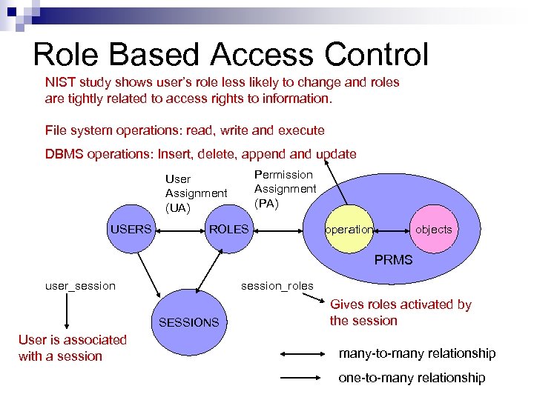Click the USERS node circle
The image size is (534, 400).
click(131, 229)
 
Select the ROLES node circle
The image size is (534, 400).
click(228, 229)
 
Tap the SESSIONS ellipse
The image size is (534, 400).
click(188, 322)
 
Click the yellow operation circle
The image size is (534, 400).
click(349, 230)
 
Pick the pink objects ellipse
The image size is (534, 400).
click(433, 230)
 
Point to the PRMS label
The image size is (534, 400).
click(393, 260)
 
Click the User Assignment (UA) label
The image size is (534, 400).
click(196, 193)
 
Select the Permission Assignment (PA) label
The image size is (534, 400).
click(285, 188)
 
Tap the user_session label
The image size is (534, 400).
click(80, 286)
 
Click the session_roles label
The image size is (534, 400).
click(277, 286)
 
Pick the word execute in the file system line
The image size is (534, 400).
click(301, 130)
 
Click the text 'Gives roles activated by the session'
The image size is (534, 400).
click(400, 313)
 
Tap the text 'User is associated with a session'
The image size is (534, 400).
click(72, 347)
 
